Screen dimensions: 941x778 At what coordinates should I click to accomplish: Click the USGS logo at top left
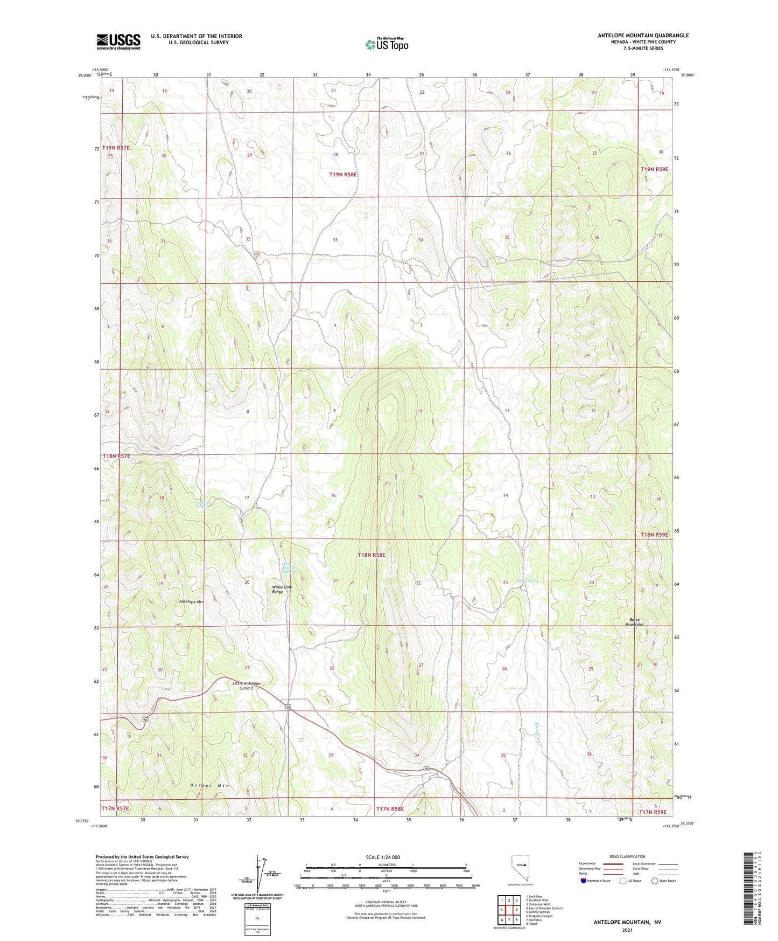click(118, 41)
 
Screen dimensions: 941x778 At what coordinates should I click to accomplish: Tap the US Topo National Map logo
click(387, 44)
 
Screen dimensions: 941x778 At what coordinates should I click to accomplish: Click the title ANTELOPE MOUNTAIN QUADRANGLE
click(643, 36)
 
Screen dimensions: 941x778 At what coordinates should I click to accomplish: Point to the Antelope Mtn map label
click(192, 601)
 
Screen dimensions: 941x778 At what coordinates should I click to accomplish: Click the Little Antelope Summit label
click(247, 686)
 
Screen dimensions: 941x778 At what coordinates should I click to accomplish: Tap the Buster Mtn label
click(209, 786)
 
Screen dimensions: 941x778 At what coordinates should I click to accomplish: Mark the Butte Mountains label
click(634, 622)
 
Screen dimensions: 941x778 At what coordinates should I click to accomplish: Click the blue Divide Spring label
click(527, 580)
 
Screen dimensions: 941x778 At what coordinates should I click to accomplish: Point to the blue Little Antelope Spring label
click(290, 568)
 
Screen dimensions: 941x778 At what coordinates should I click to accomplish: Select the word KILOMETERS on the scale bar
click(387, 864)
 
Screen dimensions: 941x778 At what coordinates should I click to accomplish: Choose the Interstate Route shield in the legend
click(584, 881)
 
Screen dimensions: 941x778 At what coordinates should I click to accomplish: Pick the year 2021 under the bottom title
click(627, 930)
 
